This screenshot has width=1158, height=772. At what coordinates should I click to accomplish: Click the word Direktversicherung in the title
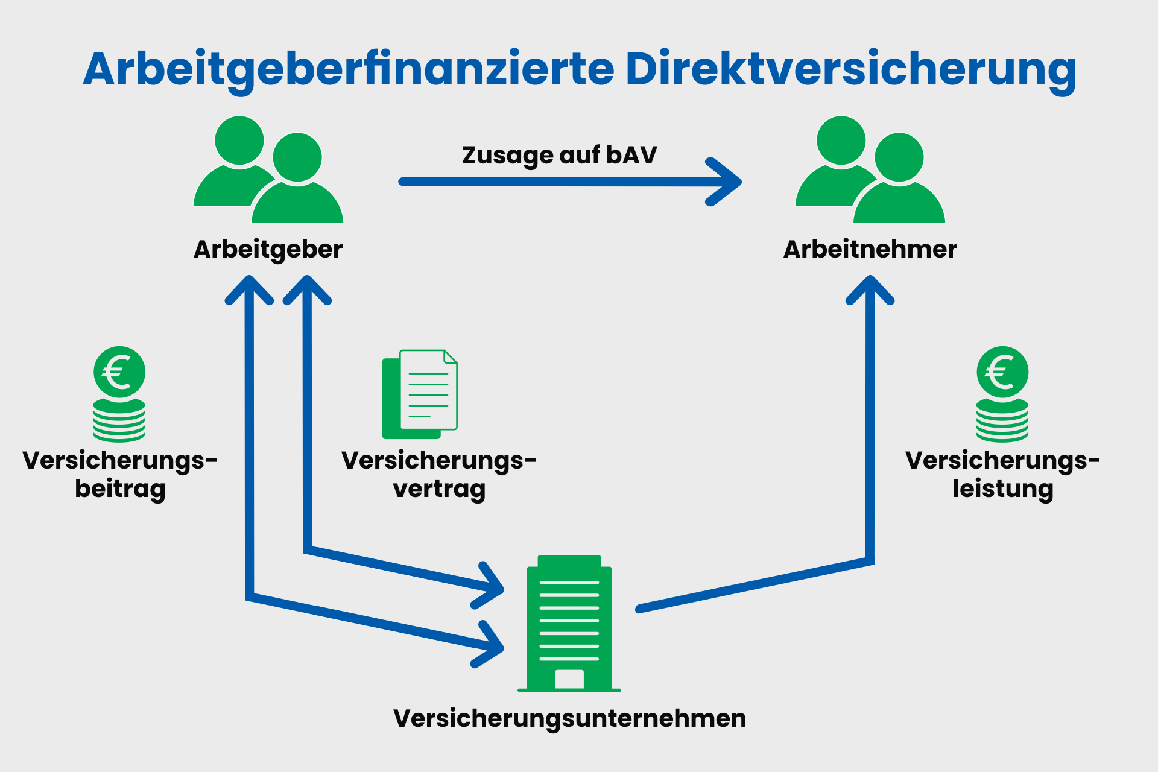tap(850, 69)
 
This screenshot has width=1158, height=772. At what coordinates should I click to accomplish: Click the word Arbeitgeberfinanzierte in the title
tap(349, 69)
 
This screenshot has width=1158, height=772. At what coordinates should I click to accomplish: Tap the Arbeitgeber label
tap(268, 249)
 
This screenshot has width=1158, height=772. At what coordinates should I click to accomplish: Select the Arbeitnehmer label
tap(870, 249)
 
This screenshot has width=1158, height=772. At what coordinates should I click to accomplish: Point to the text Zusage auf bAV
tap(559, 155)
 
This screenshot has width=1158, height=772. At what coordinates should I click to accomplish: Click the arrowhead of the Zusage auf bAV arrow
tap(727, 182)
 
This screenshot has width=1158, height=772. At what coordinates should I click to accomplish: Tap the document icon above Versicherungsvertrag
tap(420, 394)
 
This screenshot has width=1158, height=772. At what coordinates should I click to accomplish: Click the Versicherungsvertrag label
tap(438, 474)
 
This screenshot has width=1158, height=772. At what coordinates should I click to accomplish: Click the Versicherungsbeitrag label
tap(120, 474)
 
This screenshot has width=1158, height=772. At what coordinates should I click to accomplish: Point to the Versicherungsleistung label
tap(1002, 474)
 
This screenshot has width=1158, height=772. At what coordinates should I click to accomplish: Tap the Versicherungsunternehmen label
tap(569, 718)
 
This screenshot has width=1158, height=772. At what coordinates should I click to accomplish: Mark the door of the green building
tap(569, 679)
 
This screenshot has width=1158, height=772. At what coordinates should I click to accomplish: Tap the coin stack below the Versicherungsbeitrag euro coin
tap(119, 420)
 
